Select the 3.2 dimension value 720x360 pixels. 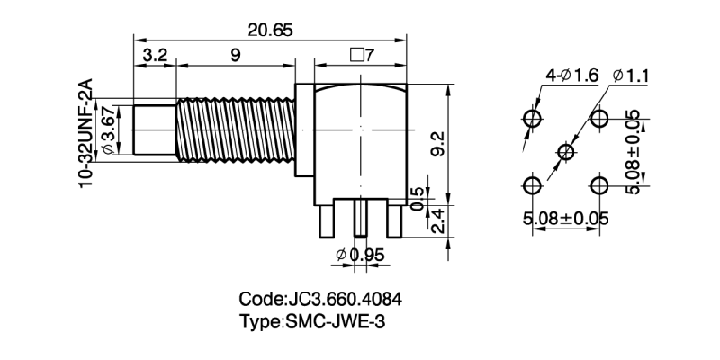point(155,56)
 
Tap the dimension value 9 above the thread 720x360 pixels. point(235,56)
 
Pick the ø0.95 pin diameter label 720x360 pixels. point(360,256)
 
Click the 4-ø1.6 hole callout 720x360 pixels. point(571,77)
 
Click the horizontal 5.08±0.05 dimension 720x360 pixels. point(565,217)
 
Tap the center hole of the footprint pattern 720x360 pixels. point(565,152)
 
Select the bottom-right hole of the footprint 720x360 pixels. point(599,185)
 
